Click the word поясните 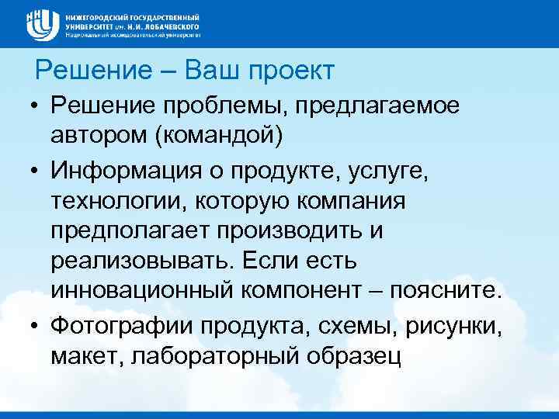pyautogui.click(x=447, y=291)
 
